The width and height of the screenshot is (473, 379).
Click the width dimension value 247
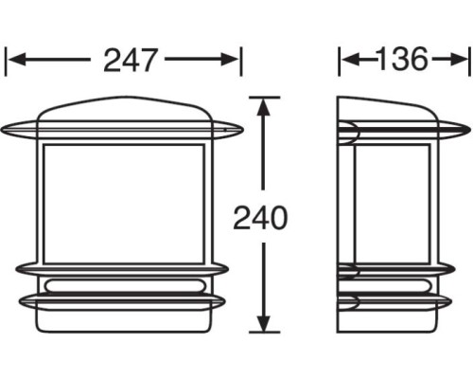tap(131, 62)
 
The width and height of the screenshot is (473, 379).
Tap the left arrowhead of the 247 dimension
tap(14, 62)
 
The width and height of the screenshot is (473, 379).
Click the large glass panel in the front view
tap(124, 204)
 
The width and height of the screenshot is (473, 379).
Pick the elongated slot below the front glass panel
tap(124, 284)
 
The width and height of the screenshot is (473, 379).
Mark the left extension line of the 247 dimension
tap(7, 62)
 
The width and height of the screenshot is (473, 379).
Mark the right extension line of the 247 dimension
tap(241, 62)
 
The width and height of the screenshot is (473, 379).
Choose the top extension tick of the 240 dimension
tap(266, 97)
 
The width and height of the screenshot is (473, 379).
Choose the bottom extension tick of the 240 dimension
tap(266, 333)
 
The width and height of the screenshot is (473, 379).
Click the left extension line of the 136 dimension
tap(341, 62)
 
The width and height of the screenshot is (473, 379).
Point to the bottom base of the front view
tap(124, 320)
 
